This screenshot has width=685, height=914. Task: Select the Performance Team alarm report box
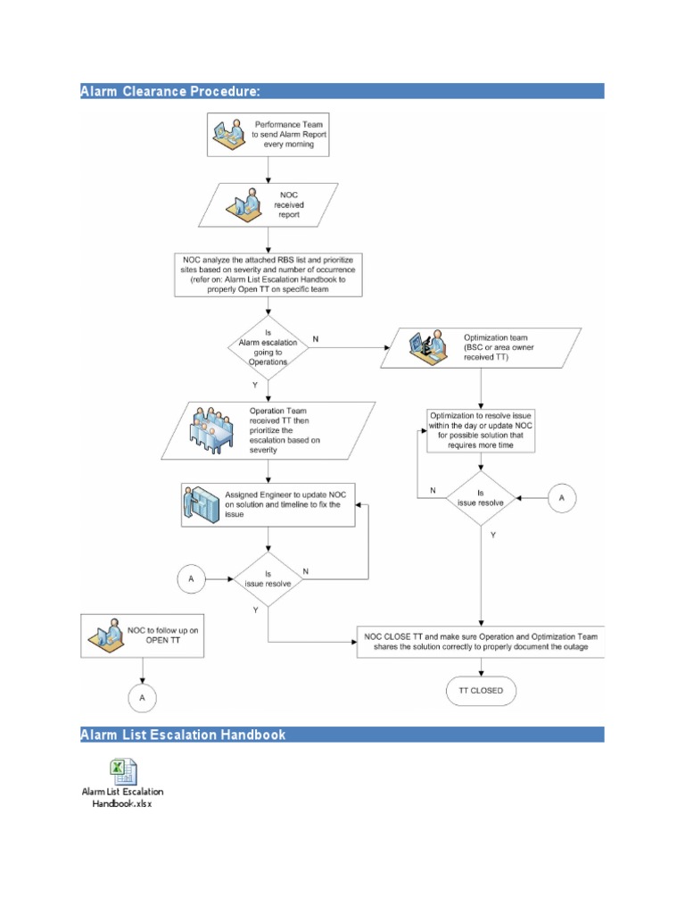pyautogui.click(x=268, y=134)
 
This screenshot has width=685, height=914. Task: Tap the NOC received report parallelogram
pyautogui.click(x=268, y=204)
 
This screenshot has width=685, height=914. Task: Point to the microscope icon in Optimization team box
pyautogui.click(x=423, y=346)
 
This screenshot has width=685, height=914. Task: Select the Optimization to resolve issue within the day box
pyautogui.click(x=482, y=430)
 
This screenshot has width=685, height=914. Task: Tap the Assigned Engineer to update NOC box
pyautogui.click(x=268, y=504)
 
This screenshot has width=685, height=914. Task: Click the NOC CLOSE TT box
pyautogui.click(x=482, y=642)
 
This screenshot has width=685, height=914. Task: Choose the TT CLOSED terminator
pyautogui.click(x=482, y=690)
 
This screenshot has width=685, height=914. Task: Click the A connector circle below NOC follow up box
pyautogui.click(x=142, y=697)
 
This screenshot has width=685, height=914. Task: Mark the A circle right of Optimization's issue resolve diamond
pyautogui.click(x=561, y=498)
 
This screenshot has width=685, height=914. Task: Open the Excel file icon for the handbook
pyautogui.click(x=122, y=770)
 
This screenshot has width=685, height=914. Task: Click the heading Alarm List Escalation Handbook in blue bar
pyautogui.click(x=183, y=735)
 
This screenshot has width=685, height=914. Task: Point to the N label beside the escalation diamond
pyautogui.click(x=315, y=339)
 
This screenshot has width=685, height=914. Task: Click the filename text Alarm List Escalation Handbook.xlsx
pyautogui.click(x=122, y=797)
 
